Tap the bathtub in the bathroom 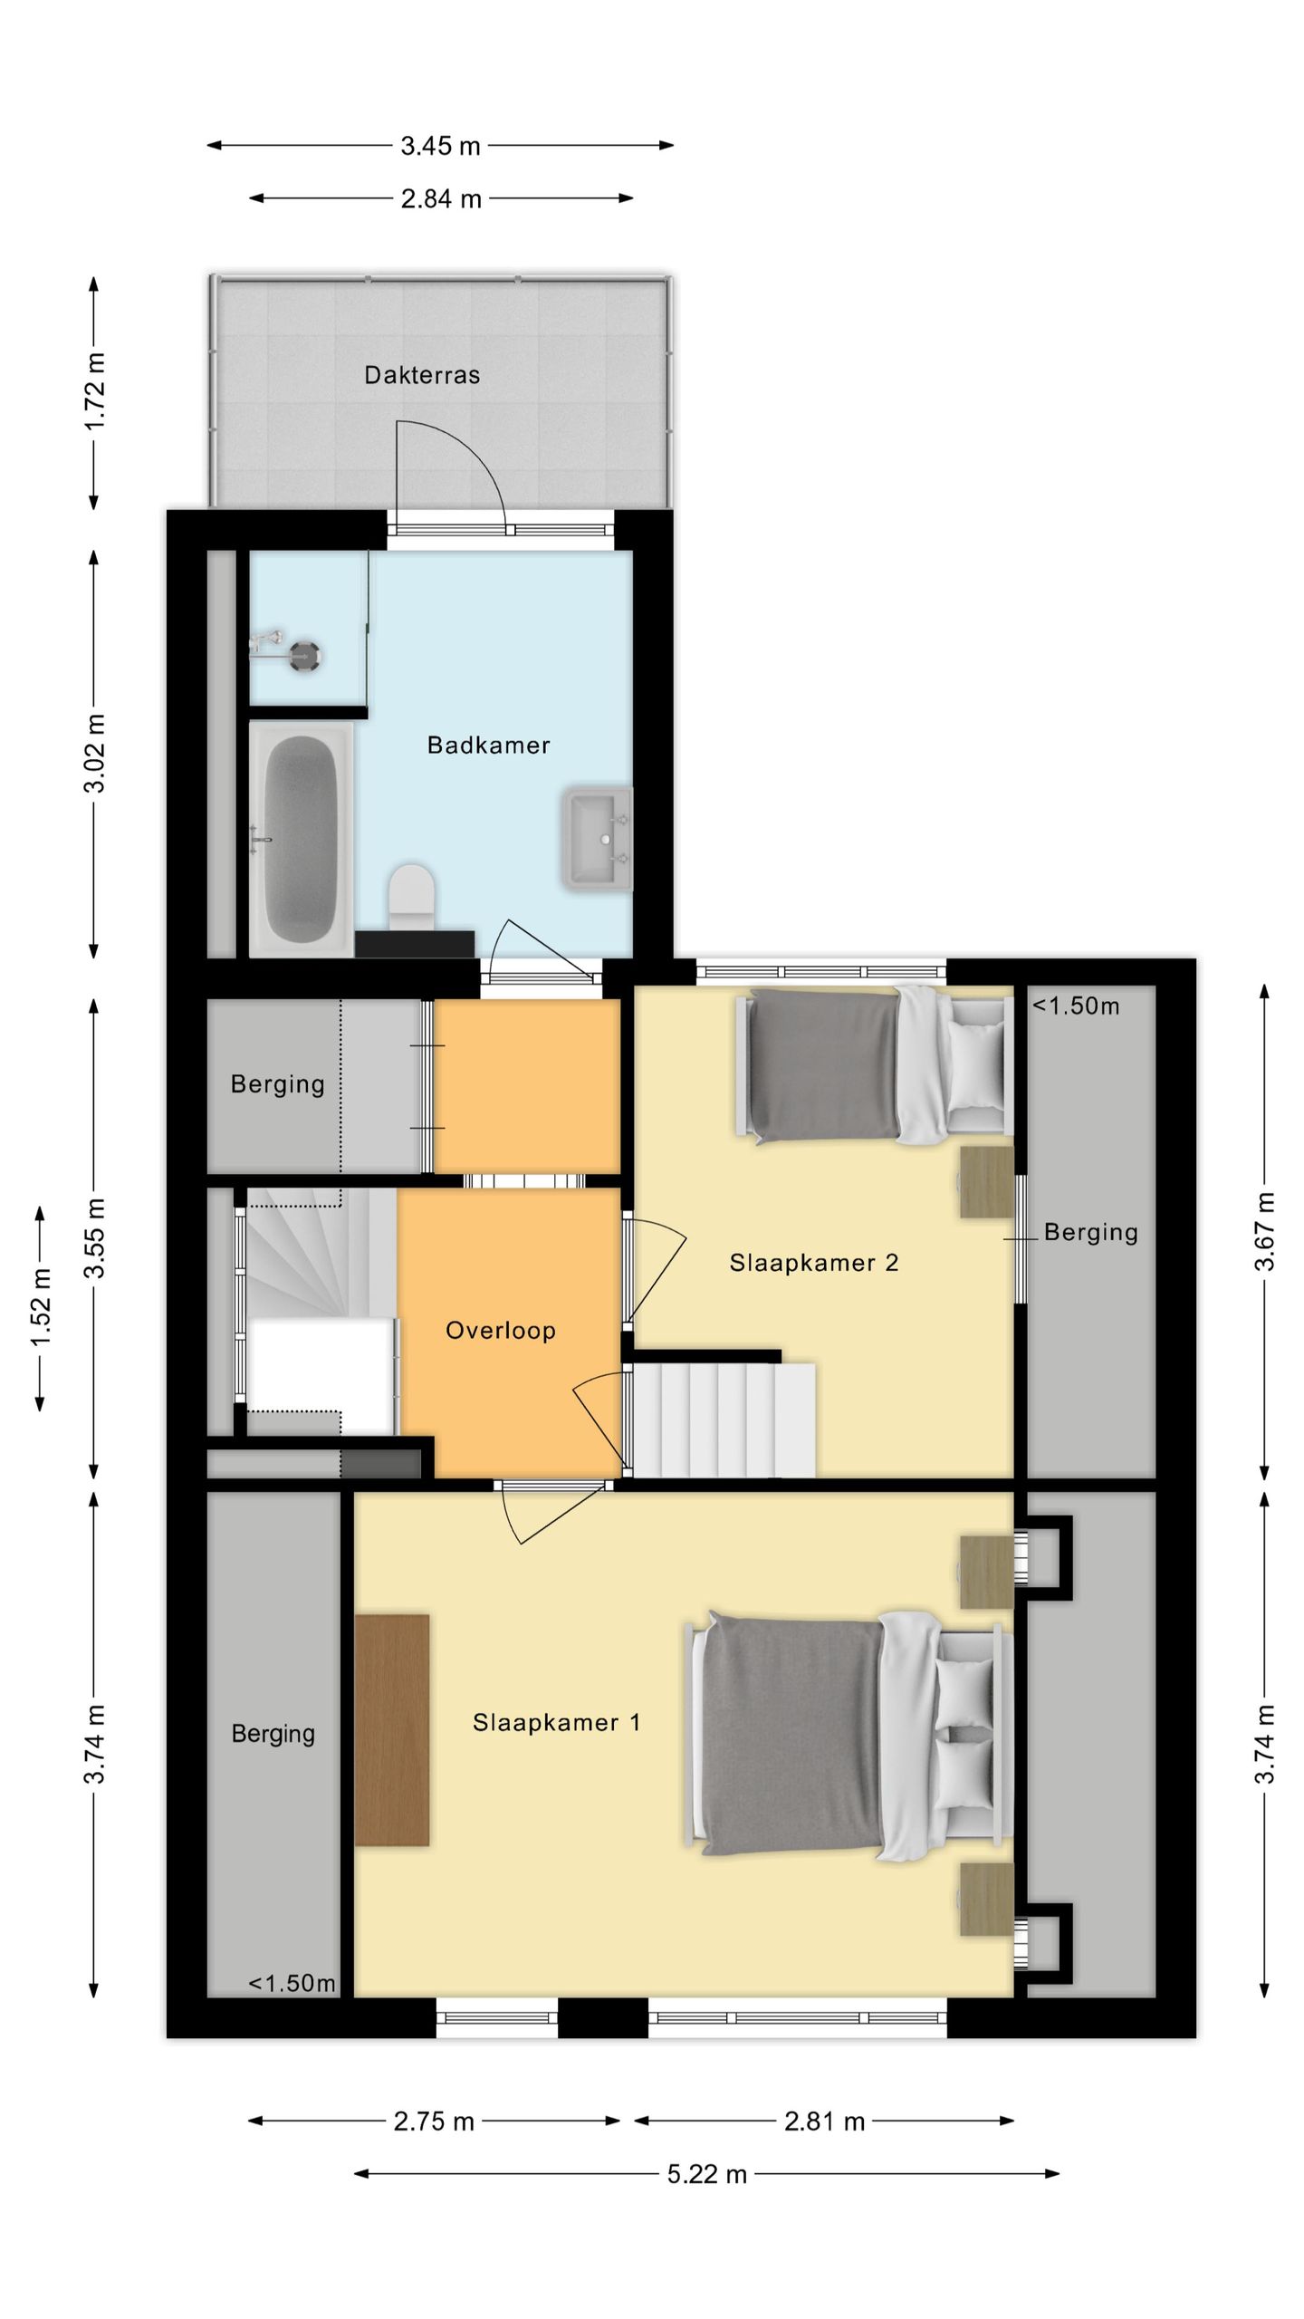pyautogui.click(x=301, y=839)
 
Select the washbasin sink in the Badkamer pyautogui.click(x=597, y=838)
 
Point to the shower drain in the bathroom pyautogui.click(x=303, y=655)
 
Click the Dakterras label pyautogui.click(x=422, y=375)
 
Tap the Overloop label pyautogui.click(x=501, y=1331)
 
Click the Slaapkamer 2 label pyautogui.click(x=814, y=1263)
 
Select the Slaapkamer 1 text pyautogui.click(x=557, y=1722)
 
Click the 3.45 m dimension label pyautogui.click(x=441, y=146)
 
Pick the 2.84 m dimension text pyautogui.click(x=441, y=198)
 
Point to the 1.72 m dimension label pyautogui.click(x=94, y=391)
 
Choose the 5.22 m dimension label pyautogui.click(x=707, y=2173)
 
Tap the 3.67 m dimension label pyautogui.click(x=1265, y=1232)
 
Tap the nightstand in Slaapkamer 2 pyautogui.click(x=986, y=1182)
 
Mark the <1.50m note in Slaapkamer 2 pyautogui.click(x=1076, y=1006)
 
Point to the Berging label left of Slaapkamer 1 pyautogui.click(x=273, y=1733)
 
